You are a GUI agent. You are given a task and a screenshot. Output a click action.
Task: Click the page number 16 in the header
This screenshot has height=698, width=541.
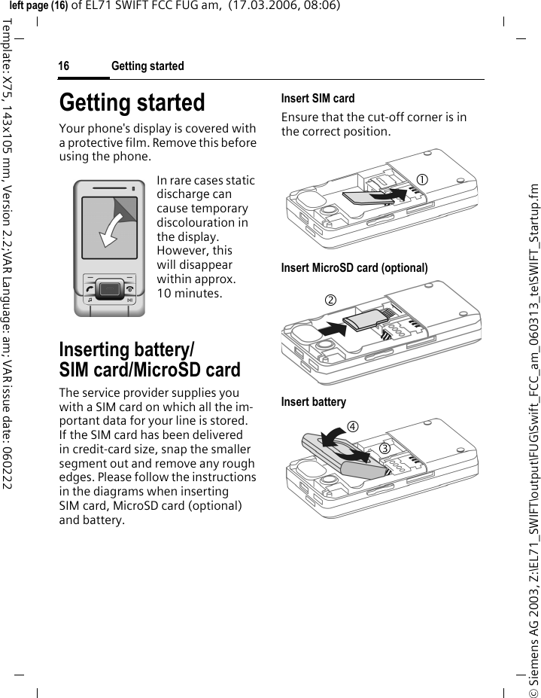[64, 66]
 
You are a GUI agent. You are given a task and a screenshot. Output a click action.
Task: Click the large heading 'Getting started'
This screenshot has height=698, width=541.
[132, 102]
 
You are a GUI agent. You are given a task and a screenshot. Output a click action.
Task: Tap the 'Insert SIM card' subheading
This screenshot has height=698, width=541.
[318, 98]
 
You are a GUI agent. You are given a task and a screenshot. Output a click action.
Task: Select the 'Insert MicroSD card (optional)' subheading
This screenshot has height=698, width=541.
[354, 267]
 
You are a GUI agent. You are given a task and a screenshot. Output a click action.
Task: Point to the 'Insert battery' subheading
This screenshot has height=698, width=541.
[314, 401]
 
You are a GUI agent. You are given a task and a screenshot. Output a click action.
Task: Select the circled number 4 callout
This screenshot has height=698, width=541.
[351, 428]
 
